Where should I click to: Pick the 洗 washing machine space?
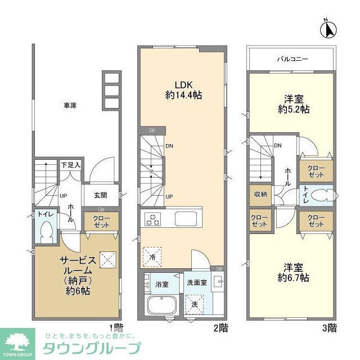[195, 304]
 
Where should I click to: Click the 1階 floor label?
[116, 327]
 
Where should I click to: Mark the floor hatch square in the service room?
[107, 259]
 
